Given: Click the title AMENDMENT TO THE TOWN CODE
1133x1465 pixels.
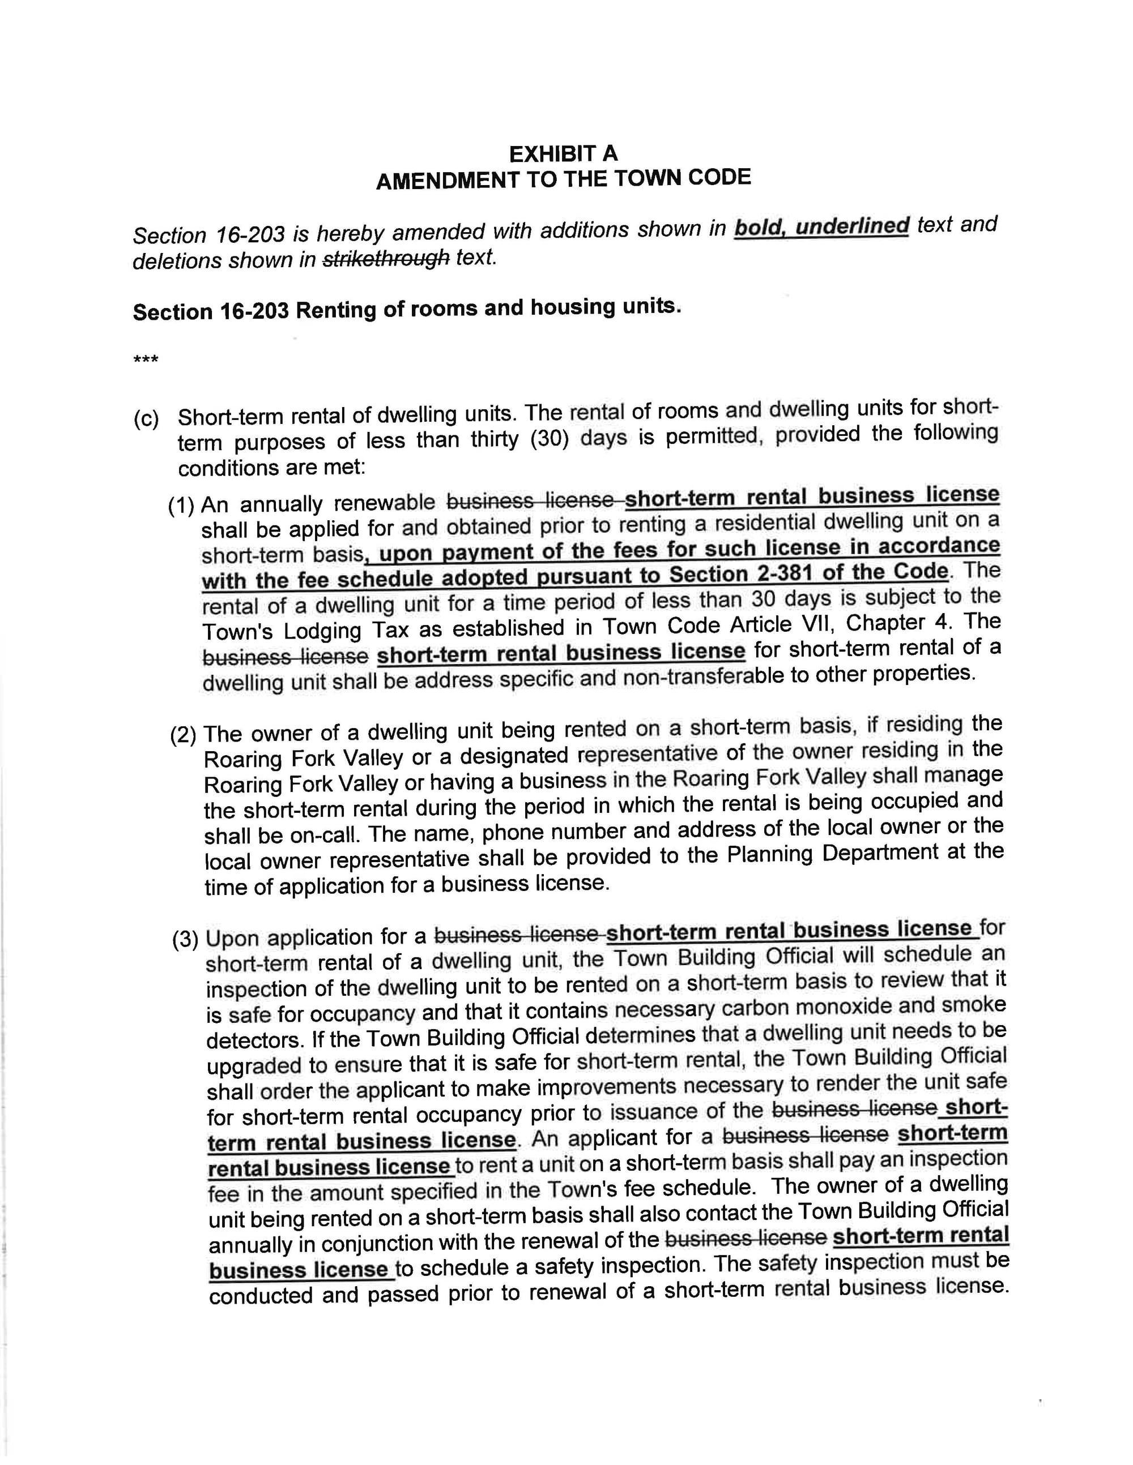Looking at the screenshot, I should [x=563, y=179].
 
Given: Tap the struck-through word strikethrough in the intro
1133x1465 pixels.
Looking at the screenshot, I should [x=386, y=259].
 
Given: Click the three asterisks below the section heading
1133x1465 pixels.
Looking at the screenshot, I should [x=146, y=360].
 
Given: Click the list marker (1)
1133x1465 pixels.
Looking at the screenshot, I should [x=181, y=505].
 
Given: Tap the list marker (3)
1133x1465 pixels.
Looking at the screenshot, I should [x=185, y=940].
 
